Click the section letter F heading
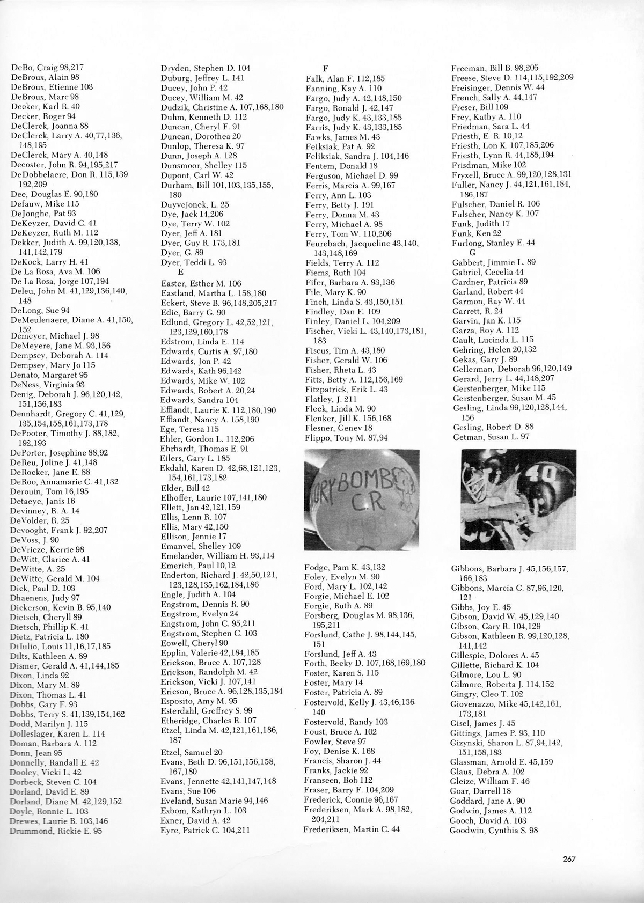pyautogui.click(x=325, y=68)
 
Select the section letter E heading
pyautogui.click(x=181, y=272)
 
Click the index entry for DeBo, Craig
pyautogui.click(x=47, y=68)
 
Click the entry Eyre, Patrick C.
pyautogui.click(x=206, y=831)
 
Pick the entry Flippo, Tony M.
pyautogui.click(x=346, y=438)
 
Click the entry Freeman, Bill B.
pyautogui.click(x=495, y=68)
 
